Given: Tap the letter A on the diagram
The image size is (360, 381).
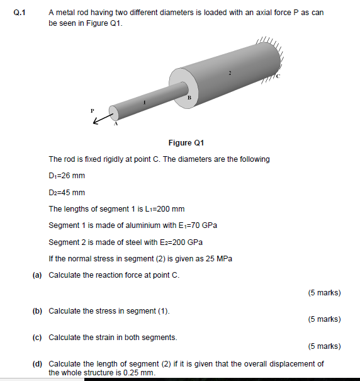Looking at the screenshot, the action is [x=115, y=124].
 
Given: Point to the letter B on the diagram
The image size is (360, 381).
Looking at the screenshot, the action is [x=189, y=98].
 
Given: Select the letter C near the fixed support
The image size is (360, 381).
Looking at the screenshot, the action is [x=276, y=76].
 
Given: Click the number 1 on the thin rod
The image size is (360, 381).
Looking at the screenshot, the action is [x=144, y=101].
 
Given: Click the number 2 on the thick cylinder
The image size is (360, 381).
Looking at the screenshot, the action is [x=230, y=73].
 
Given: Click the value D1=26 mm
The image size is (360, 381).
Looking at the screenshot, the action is [x=67, y=176].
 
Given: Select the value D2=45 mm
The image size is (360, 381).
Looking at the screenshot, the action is [x=67, y=193].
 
